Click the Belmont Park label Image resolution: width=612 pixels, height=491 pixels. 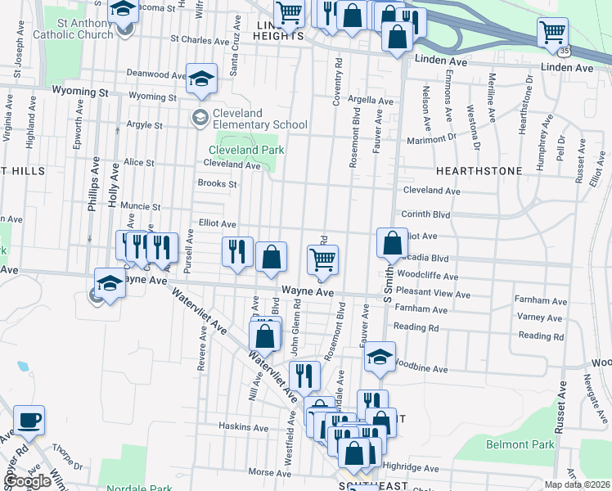[x=520, y=445]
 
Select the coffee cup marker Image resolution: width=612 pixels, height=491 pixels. [x=29, y=421]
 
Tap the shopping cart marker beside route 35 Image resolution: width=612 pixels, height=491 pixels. [x=553, y=33]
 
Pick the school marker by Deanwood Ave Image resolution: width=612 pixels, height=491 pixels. [x=201, y=79]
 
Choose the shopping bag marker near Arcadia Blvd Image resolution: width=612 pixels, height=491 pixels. [x=393, y=243]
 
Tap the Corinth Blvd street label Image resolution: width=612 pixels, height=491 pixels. [x=425, y=214]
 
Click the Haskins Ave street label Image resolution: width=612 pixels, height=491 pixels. [x=244, y=427]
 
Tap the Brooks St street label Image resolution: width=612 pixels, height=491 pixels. [x=217, y=184]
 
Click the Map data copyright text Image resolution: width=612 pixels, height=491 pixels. [x=578, y=484]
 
